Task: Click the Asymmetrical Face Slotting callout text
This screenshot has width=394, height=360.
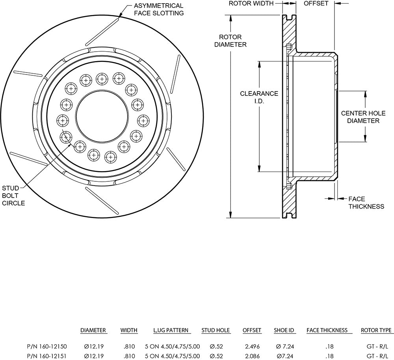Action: [158, 9]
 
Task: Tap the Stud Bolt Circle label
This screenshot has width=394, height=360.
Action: [13, 196]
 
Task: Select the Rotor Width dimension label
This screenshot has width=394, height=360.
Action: [251, 3]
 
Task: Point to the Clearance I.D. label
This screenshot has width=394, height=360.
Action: [259, 97]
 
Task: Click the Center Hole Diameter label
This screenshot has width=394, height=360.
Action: [363, 117]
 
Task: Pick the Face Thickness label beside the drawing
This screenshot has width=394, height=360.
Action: [366, 203]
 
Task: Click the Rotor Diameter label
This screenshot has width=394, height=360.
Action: [230, 41]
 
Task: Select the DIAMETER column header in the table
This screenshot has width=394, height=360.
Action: [93, 330]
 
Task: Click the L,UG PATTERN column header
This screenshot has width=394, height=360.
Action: [171, 330]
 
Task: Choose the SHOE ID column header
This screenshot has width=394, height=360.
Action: [284, 330]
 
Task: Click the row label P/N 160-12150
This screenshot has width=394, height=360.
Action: [47, 347]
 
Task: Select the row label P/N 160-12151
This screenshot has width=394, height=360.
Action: [47, 356]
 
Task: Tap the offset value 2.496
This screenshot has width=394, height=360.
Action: [252, 347]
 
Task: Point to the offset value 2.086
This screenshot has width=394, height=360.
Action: [252, 356]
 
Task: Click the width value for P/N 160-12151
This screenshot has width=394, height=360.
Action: [129, 356]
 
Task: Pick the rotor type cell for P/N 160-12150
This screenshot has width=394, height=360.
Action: [377, 347]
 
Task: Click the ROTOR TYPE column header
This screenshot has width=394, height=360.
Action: [376, 330]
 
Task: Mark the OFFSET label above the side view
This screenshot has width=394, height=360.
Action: [316, 3]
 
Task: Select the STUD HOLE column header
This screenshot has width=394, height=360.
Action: [216, 330]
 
